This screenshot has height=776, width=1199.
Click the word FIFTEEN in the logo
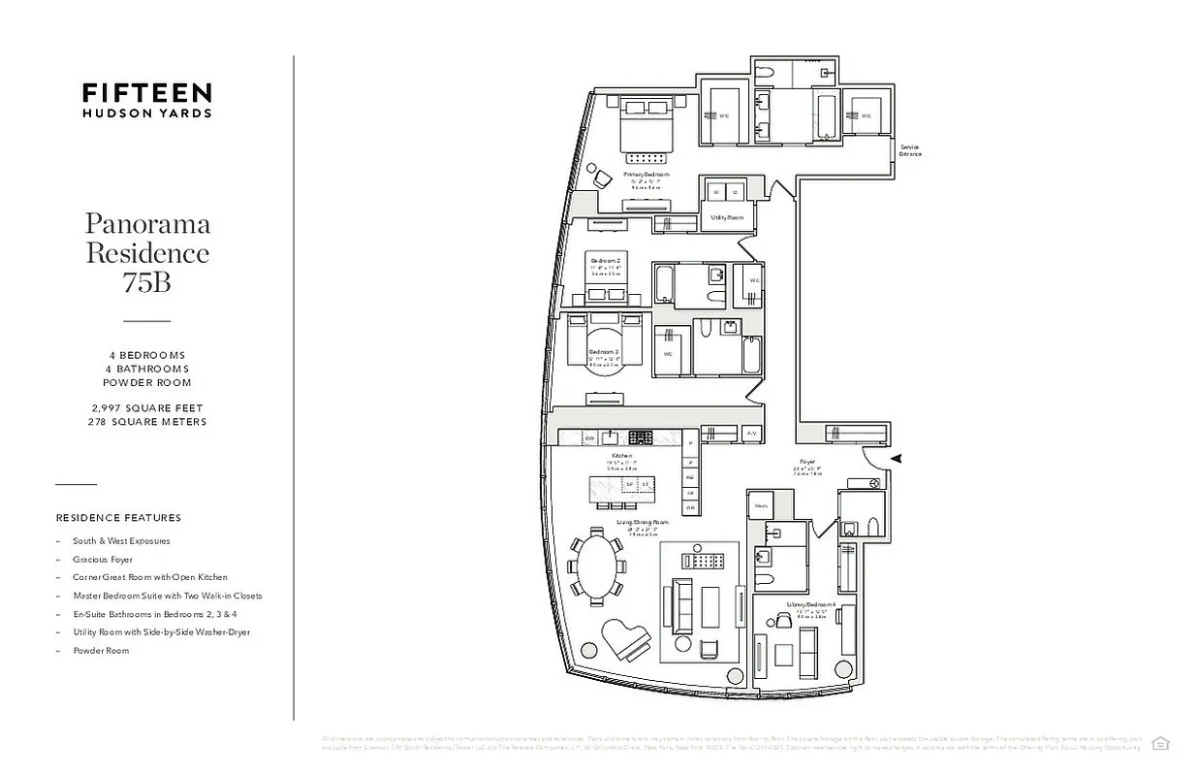coord(146,93)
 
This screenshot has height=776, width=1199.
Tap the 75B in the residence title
coord(147,282)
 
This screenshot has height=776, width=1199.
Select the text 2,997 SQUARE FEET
coord(147,408)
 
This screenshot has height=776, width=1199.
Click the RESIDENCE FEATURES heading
coord(118,518)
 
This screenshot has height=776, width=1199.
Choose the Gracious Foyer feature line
coord(103,560)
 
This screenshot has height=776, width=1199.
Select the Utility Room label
coord(726,218)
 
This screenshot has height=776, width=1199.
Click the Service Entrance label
coord(909,150)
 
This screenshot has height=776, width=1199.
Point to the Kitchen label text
coord(621,456)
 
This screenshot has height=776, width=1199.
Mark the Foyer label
coord(806,462)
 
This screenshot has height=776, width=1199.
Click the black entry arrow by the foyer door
coord(896,458)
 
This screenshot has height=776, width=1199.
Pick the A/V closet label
coord(751,434)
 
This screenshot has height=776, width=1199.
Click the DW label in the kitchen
coord(588,438)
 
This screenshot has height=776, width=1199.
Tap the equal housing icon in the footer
coord(1160,743)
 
